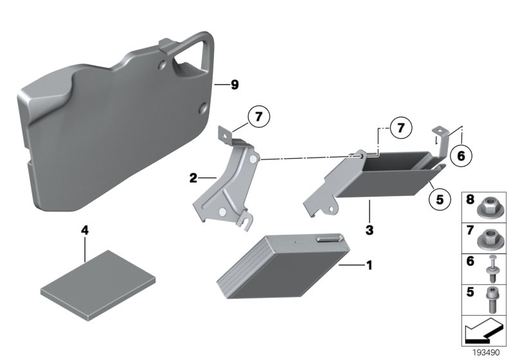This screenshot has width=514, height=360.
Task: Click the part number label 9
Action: pyautogui.click(x=235, y=85)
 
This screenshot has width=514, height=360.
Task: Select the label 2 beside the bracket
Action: pyautogui.click(x=193, y=178)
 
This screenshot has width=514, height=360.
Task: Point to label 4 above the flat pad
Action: pyautogui.click(x=84, y=230)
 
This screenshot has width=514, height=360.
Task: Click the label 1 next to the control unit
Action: pyautogui.click(x=368, y=264)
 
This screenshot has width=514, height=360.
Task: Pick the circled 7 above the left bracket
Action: pyautogui.click(x=258, y=118)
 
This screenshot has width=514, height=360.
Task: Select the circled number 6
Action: pyautogui.click(x=461, y=154)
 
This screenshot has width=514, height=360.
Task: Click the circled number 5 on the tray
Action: pyautogui.click(x=439, y=199)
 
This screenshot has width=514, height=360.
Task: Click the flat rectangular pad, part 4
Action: pyautogui.click(x=98, y=283)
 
